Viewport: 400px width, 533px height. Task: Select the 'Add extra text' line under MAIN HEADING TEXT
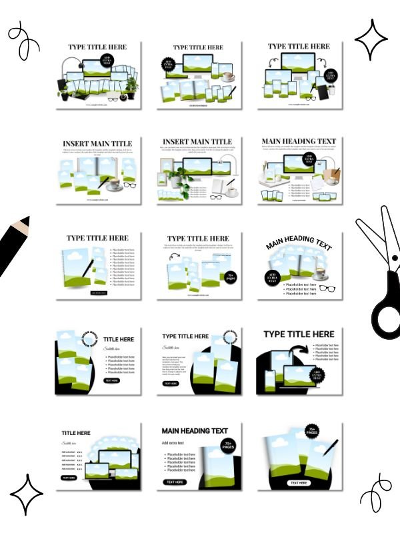click(x=175, y=442)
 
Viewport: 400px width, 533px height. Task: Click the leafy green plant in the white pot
click(x=178, y=176)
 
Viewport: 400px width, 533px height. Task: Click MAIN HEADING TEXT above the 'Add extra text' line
click(x=195, y=430)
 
